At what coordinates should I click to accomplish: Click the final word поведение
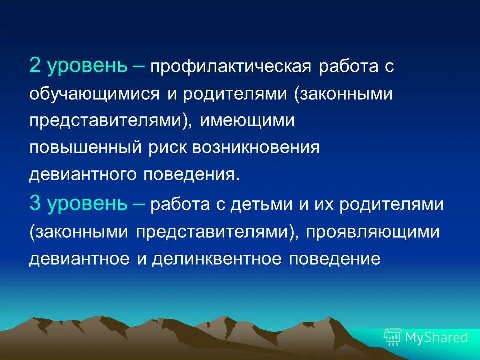coord(332,259)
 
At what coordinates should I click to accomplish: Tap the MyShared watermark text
coord(436,337)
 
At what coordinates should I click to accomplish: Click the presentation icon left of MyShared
coord(392,337)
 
